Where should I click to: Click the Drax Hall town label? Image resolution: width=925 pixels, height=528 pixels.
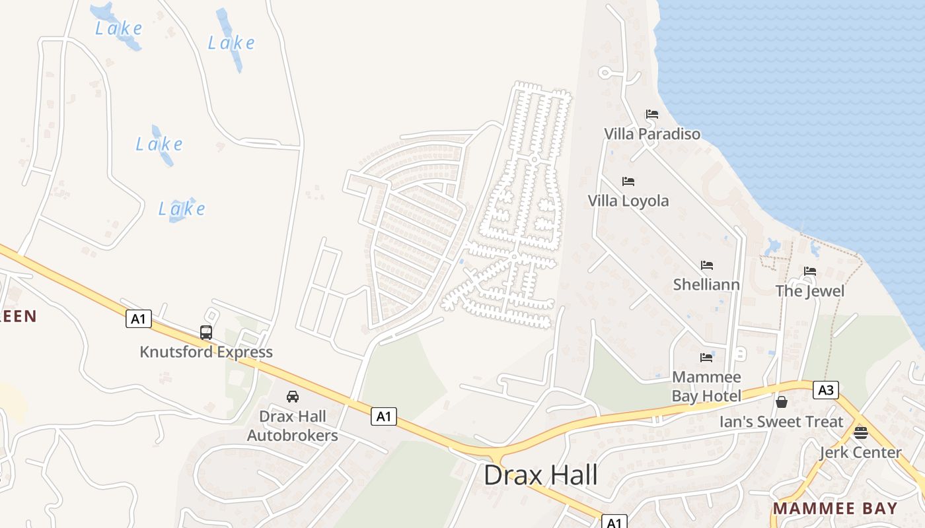click(540, 475)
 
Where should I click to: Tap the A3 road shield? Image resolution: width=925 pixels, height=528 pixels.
click(825, 390)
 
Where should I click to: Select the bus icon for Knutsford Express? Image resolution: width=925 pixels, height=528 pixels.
click(206, 332)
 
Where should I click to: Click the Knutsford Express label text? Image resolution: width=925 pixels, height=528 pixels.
click(206, 352)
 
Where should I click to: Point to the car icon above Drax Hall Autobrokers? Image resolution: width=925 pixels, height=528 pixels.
click(292, 396)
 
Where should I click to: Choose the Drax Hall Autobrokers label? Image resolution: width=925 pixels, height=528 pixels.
click(293, 426)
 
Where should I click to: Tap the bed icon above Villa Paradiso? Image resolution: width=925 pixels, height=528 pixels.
click(652, 114)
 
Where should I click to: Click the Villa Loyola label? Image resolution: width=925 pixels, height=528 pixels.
click(628, 201)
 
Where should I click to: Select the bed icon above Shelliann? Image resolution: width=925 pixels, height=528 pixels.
click(707, 265)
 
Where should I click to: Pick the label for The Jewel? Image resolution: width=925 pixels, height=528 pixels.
click(810, 290)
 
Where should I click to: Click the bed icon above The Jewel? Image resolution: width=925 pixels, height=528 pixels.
click(810, 271)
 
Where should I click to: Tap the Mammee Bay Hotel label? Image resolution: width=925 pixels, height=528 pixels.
click(706, 386)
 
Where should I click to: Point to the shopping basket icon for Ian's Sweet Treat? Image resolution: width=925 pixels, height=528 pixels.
click(782, 401)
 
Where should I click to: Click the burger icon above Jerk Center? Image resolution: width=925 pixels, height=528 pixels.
click(860, 433)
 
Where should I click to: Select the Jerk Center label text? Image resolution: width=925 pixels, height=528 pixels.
click(860, 452)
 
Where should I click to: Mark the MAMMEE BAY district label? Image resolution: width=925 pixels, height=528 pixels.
click(835, 509)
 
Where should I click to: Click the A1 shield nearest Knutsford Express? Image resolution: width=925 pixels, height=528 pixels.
click(138, 319)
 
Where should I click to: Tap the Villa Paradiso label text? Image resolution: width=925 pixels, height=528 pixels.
click(652, 134)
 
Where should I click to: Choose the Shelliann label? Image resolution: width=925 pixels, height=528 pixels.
click(706, 284)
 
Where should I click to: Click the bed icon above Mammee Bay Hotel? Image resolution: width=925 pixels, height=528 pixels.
click(706, 358)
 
